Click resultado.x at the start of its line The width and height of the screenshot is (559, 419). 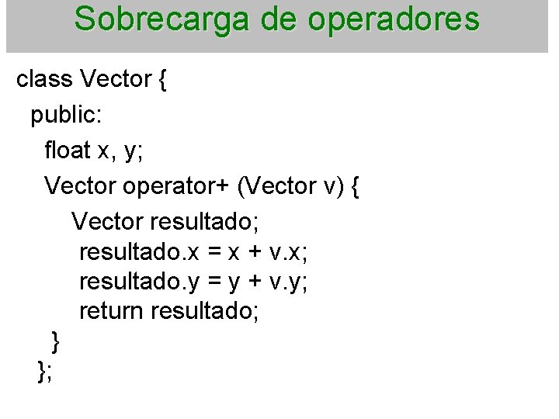(x=141, y=251)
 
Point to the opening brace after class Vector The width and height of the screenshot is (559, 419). (x=161, y=80)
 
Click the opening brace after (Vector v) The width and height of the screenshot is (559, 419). (x=354, y=187)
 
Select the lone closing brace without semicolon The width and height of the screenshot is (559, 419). (x=55, y=341)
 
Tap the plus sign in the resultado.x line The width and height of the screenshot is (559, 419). (x=253, y=251)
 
